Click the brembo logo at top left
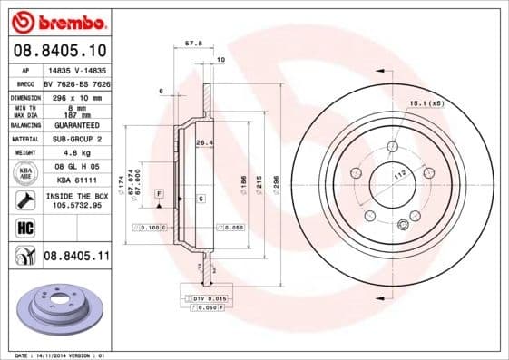[x=56, y=20]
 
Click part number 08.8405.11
[x=76, y=258]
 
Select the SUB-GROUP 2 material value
[x=75, y=139]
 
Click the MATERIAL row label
[x=24, y=139]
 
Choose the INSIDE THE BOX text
[x=75, y=195]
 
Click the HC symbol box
[x=24, y=227]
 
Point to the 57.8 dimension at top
[x=191, y=42]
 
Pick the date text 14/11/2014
[x=55, y=355]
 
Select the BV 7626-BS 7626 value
[x=75, y=82]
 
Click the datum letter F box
[x=158, y=195]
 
